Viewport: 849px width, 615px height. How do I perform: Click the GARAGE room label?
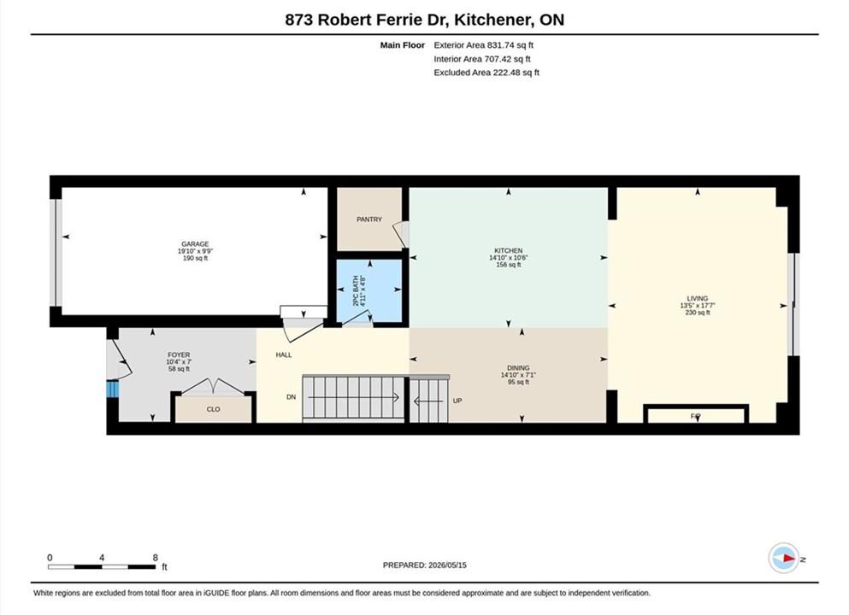click(195, 244)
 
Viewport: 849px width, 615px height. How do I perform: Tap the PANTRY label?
click(369, 219)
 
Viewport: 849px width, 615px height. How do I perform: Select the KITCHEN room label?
click(509, 250)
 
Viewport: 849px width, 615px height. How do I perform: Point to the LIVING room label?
click(698, 298)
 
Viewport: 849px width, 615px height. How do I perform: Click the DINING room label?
click(518, 368)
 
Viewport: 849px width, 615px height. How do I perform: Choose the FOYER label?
click(179, 354)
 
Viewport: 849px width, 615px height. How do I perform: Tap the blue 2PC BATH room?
click(370, 291)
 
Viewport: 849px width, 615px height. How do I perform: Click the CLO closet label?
click(214, 409)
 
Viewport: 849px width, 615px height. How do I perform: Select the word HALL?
click(284, 354)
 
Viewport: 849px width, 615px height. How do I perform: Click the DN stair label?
click(292, 396)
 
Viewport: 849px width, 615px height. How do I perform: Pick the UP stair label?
click(457, 401)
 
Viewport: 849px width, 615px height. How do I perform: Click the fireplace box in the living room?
click(696, 414)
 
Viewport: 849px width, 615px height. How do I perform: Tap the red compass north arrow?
click(789, 559)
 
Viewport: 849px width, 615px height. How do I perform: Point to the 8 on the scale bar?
click(156, 558)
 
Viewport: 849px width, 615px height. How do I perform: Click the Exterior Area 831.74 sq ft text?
click(484, 45)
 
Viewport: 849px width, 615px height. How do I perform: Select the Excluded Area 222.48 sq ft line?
click(486, 73)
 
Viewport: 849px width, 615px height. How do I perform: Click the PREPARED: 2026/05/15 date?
click(424, 565)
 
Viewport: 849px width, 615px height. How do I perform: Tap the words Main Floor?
click(403, 45)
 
